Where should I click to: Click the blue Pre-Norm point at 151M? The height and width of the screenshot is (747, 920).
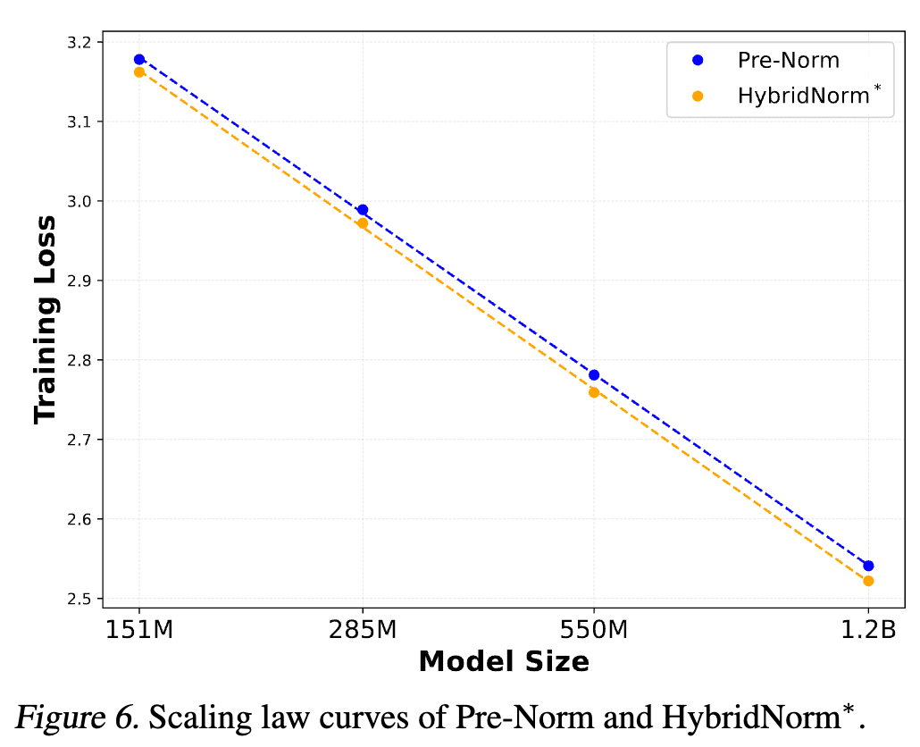click(x=139, y=59)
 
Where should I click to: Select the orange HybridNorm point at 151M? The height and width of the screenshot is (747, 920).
click(x=139, y=71)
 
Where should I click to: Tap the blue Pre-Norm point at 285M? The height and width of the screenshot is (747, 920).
click(x=363, y=210)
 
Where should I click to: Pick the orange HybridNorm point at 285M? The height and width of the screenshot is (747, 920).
click(x=363, y=223)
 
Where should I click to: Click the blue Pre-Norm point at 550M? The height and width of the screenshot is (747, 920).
click(x=594, y=374)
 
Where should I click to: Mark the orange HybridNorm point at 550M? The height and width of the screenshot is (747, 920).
click(x=594, y=392)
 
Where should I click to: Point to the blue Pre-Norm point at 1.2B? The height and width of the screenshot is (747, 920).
click(x=868, y=566)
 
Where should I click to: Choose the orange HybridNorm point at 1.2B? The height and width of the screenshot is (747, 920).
click(x=868, y=581)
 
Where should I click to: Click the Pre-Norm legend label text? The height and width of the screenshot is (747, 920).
click(x=788, y=60)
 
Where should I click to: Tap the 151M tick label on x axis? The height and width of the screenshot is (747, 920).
click(x=139, y=630)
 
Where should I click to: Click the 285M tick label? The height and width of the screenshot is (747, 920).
click(x=363, y=630)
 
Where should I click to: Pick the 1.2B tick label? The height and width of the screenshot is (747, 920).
click(x=868, y=630)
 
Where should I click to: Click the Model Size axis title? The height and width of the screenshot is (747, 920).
click(x=504, y=662)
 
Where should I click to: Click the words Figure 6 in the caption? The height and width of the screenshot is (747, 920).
click(x=75, y=718)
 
